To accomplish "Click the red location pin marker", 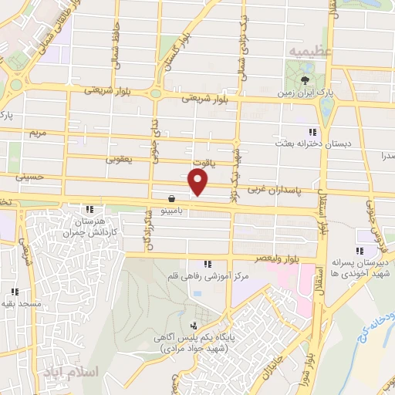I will point(198,182).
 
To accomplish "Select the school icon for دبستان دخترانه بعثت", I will point(312,132).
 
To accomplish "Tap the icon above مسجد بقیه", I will point(14,292).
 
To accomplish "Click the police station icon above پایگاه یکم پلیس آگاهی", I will point(192,326).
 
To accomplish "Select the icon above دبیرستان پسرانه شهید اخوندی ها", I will point(360,251).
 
